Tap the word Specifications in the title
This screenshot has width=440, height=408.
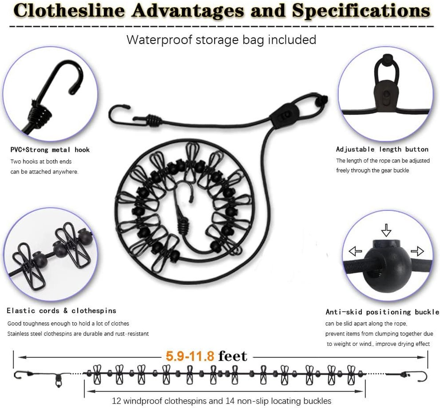click(361, 11)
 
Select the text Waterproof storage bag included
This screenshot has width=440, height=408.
click(221, 40)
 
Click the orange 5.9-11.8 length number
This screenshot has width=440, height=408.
click(190, 356)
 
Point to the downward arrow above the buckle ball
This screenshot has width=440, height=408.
click(386, 230)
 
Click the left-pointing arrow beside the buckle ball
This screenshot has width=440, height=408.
click(355, 251)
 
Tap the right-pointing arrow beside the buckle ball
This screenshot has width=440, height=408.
click(417, 251)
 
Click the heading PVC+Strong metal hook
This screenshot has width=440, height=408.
click(50, 150)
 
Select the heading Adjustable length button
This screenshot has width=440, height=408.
click(382, 149)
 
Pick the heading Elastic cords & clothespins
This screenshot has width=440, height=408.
click(61, 311)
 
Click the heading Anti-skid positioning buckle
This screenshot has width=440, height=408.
click(382, 312)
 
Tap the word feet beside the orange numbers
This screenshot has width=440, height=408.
click(232, 356)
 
